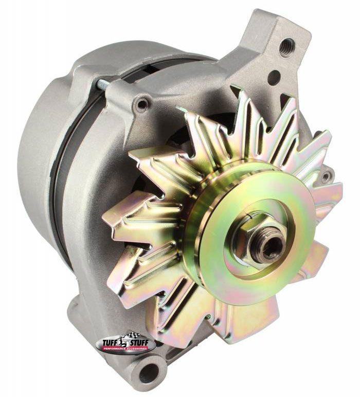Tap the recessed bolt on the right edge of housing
pyautogui.click(x=326, y=176)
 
